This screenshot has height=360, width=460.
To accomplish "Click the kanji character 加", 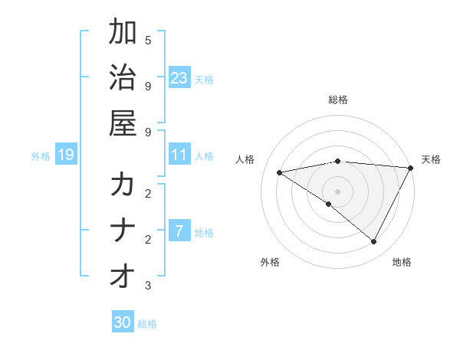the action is pos(123,32).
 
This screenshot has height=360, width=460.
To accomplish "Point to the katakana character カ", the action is pos(123,185).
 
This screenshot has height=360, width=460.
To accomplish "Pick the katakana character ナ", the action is pos(123,231).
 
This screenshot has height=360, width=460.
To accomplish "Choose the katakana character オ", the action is pos(123,277).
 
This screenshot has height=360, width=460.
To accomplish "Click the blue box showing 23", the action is pos(179,77).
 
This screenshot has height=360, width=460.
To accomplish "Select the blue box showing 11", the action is pos(179,155).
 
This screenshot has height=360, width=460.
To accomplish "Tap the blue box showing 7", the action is pos(179,231).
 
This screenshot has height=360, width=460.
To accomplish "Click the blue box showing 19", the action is pos(65,155).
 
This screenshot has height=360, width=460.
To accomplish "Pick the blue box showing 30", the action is pos(123,322).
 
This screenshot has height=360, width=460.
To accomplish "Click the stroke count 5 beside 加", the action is pos(147,40).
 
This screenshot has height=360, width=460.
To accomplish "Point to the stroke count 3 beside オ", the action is pos(147,286).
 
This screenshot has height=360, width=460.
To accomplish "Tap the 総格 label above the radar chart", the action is pos(337,100).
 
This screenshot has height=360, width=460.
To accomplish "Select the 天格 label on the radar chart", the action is pos(431,159).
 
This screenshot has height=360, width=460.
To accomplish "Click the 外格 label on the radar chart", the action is pos(270,262).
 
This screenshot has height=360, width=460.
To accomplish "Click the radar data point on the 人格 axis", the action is pos(280,172).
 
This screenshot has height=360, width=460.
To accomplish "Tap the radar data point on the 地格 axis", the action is pos(373,241).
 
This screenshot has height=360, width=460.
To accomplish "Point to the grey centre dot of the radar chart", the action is pos(337,191).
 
